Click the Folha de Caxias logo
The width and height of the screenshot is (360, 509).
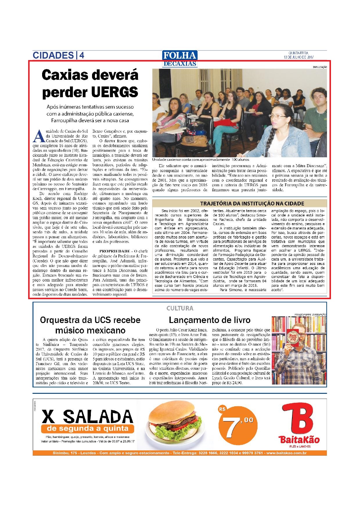[180, 59]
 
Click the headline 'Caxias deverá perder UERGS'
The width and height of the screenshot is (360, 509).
[90, 84]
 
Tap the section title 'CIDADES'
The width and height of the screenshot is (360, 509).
[53, 55]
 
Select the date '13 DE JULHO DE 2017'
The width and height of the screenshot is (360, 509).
[299, 57]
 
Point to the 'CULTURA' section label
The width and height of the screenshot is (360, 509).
[180, 308]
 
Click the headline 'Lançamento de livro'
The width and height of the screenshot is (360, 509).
[209, 320]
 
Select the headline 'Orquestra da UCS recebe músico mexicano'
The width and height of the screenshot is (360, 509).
[90, 325]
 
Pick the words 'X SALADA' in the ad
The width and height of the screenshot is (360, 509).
[87, 417]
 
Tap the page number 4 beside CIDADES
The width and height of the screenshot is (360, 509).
[82, 55]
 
